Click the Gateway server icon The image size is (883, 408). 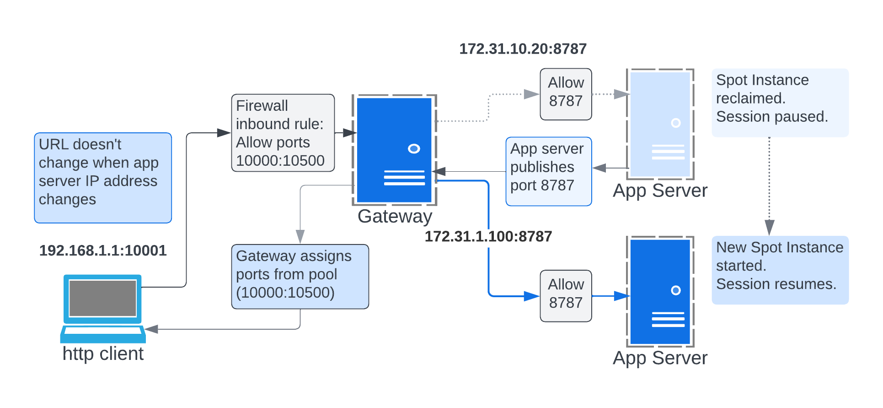[394, 150]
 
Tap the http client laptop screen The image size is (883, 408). [103, 298]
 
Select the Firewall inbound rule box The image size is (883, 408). [283, 133]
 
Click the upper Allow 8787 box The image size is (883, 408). [566, 94]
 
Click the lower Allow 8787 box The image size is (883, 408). [566, 296]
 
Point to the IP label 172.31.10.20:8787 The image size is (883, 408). [523, 49]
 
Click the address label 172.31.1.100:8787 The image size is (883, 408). [488, 237]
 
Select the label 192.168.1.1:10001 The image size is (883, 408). [103, 250]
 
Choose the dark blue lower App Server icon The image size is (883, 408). [660, 292]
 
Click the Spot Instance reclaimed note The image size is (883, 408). [780, 103]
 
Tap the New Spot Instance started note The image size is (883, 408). [780, 270]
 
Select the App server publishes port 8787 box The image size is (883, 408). [548, 171]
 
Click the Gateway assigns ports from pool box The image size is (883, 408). [300, 277]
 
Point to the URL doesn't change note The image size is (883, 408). [103, 178]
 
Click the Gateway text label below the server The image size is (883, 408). [395, 216]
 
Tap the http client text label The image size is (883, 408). [103, 354]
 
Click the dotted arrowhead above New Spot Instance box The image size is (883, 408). [770, 227]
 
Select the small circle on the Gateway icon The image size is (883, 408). [414, 149]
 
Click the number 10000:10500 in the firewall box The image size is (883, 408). [280, 161]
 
